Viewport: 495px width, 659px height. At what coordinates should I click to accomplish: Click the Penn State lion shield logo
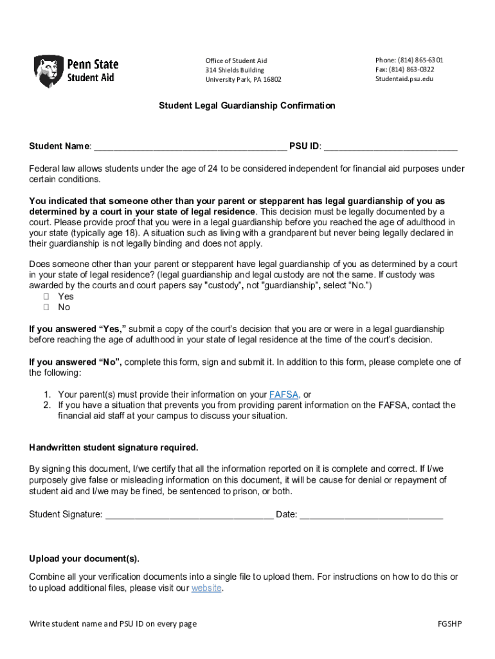point(48,71)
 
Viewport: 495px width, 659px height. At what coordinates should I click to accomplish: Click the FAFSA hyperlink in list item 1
point(283,394)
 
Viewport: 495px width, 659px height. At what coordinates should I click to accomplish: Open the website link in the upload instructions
point(206,588)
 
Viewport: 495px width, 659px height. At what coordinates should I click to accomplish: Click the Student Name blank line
point(190,146)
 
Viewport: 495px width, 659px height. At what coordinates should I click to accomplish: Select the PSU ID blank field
point(390,146)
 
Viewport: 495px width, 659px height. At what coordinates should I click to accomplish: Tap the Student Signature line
point(189,514)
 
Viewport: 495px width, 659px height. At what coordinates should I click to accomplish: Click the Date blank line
point(371,514)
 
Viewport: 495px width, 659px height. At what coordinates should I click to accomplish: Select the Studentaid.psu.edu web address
point(404,79)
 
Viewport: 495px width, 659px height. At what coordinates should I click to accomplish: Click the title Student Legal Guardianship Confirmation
point(247,106)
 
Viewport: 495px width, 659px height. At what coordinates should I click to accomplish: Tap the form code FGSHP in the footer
point(449,624)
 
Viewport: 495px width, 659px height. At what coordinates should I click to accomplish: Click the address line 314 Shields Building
point(235,70)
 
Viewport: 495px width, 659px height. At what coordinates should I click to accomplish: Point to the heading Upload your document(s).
point(84,558)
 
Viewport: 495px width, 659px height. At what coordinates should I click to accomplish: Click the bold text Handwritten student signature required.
point(114,447)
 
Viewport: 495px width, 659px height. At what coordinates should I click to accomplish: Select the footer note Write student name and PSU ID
point(113,624)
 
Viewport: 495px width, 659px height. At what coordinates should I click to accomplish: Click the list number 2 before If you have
point(47,405)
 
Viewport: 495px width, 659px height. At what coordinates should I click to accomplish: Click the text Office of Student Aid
point(236,60)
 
